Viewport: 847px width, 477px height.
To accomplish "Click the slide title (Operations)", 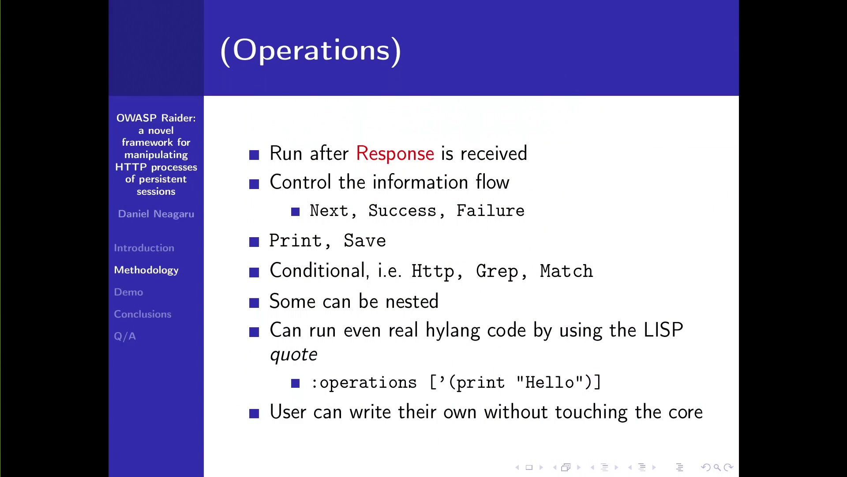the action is tap(311, 50).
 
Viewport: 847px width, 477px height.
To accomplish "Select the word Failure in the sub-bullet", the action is tap(490, 211).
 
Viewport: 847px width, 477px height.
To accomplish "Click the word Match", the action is tap(566, 271).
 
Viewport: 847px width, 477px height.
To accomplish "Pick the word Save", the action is tap(365, 241).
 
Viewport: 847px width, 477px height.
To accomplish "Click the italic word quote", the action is tap(293, 355).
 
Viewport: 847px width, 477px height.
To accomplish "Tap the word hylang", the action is tap(453, 331).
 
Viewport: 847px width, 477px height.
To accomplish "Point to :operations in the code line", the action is tap(364, 383).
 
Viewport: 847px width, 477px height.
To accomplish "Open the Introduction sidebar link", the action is tap(144, 248).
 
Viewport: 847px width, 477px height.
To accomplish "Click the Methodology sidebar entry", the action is tap(146, 270).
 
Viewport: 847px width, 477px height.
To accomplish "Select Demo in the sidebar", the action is tap(128, 292).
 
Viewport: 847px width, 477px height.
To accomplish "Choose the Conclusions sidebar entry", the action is tap(142, 314).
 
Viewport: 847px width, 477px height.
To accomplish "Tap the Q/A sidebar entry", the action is tap(125, 337).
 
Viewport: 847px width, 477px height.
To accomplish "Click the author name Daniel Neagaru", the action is tap(156, 214).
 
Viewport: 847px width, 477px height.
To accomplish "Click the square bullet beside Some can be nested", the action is tap(254, 303).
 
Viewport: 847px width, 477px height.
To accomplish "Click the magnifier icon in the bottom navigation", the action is tap(717, 467).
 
